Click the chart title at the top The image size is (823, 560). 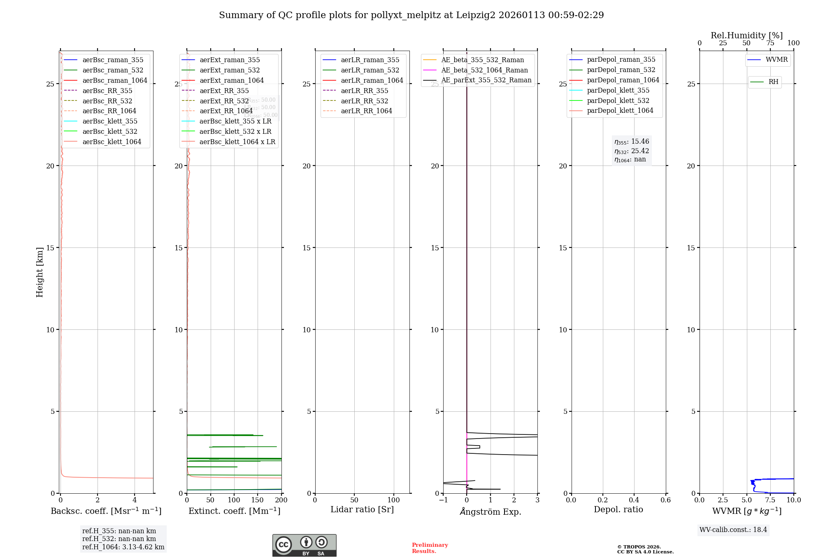click(x=411, y=15)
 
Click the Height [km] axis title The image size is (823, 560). click(x=40, y=272)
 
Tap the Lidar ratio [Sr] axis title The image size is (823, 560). click(x=362, y=509)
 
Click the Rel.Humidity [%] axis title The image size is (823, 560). click(x=746, y=35)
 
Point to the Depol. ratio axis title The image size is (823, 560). click(x=618, y=509)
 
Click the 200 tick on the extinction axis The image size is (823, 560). click(x=281, y=500)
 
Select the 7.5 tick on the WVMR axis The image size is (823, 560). click(x=770, y=500)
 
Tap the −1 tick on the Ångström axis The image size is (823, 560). click(x=443, y=500)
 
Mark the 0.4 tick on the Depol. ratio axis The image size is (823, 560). click(x=634, y=500)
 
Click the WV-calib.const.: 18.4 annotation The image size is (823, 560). click(x=733, y=530)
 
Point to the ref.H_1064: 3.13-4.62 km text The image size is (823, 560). click(x=123, y=547)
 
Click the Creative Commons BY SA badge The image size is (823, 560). click(x=304, y=545)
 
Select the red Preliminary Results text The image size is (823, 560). click(x=430, y=548)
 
